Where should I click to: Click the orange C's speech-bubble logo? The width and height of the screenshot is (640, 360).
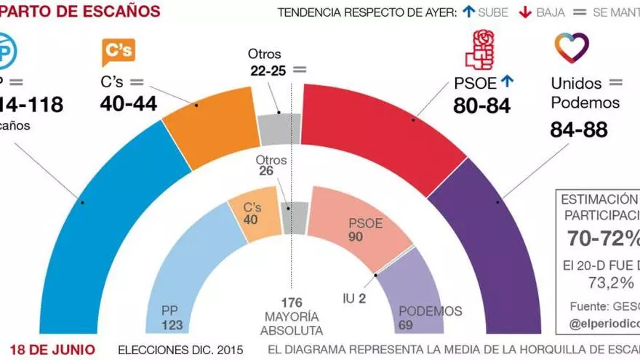point(118,52)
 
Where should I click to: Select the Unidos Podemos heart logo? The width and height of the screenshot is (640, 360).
point(572,47)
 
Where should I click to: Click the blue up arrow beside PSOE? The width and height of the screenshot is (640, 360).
point(507,82)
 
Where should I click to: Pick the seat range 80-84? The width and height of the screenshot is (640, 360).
point(482,106)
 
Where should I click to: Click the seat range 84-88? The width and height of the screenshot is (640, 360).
point(579,131)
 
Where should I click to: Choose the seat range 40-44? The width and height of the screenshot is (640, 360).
point(128,105)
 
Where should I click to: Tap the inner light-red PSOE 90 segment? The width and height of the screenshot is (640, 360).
point(356,225)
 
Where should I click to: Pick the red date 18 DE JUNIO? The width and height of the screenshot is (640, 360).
point(52,350)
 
